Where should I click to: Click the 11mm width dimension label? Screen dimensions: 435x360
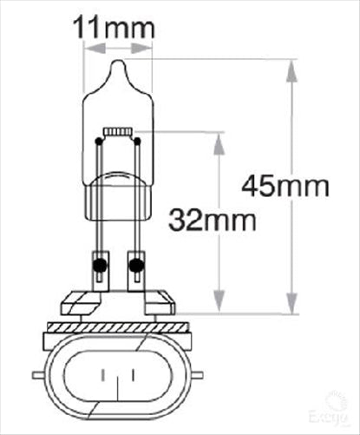pyautogui.click(x=115, y=27)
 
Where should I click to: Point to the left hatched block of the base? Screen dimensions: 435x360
pyautogui.click(x=80, y=304)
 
